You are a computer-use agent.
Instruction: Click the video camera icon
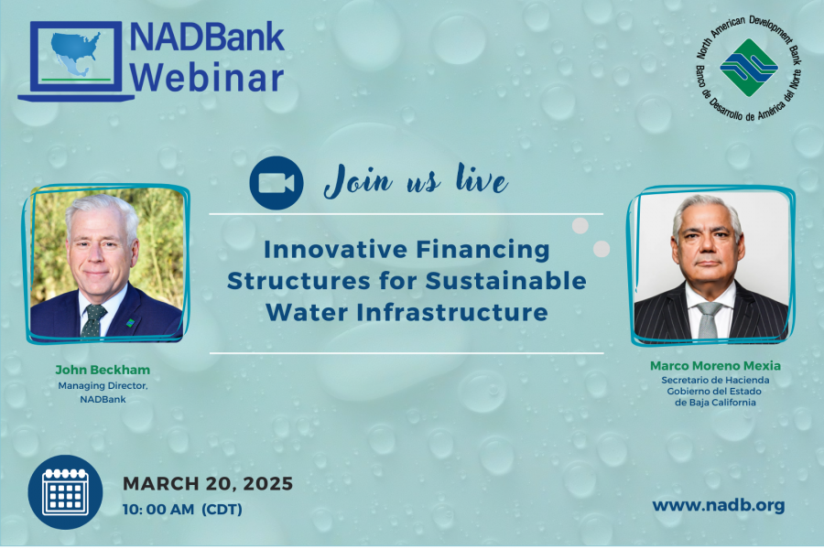pyautogui.click(x=276, y=183)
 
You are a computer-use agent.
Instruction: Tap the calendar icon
pyautogui.click(x=65, y=492)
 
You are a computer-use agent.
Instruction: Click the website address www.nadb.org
pyautogui.click(x=719, y=505)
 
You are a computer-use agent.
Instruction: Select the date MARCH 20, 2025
pyautogui.click(x=208, y=483)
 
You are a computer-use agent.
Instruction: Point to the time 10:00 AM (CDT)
pyautogui.click(x=182, y=509)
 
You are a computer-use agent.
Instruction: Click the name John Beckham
pyautogui.click(x=103, y=370)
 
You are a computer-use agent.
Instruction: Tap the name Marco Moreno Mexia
pyautogui.click(x=715, y=366)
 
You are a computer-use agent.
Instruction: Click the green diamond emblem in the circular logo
pyautogui.click(x=749, y=67)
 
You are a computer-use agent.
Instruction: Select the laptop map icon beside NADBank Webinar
pyautogui.click(x=76, y=61)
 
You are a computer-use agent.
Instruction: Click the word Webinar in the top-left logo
pyautogui.click(x=207, y=79)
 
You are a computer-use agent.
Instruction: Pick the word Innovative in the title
pyautogui.click(x=335, y=249)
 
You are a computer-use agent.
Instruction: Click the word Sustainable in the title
pyautogui.click(x=505, y=281)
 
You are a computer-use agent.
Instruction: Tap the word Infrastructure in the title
pyautogui.click(x=452, y=313)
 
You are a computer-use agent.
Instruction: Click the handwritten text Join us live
pyautogui.click(x=416, y=181)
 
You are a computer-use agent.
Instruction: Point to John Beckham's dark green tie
pyautogui.click(x=92, y=320)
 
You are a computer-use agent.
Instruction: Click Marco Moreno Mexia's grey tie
pyautogui.click(x=708, y=320)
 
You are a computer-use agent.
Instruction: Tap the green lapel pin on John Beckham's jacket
pyautogui.click(x=130, y=323)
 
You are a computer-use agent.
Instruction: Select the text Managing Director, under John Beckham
pyautogui.click(x=103, y=385)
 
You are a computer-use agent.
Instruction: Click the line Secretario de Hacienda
pyautogui.click(x=715, y=380)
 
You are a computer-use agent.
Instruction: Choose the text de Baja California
pyautogui.click(x=715, y=403)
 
